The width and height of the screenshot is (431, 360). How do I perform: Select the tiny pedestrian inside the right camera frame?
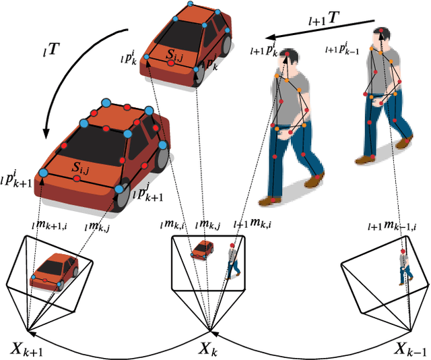[403, 266]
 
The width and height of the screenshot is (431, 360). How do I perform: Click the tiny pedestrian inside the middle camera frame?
[232, 260]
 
